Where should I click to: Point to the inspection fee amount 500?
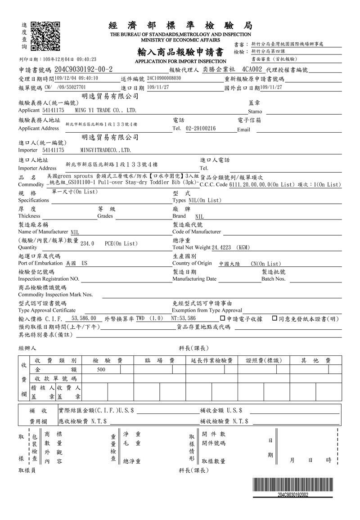(101, 369)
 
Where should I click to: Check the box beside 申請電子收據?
(223, 318)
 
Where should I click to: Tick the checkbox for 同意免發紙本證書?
(274, 318)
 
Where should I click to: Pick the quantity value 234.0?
(87, 243)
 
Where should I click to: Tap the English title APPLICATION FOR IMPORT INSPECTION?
(180, 61)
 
